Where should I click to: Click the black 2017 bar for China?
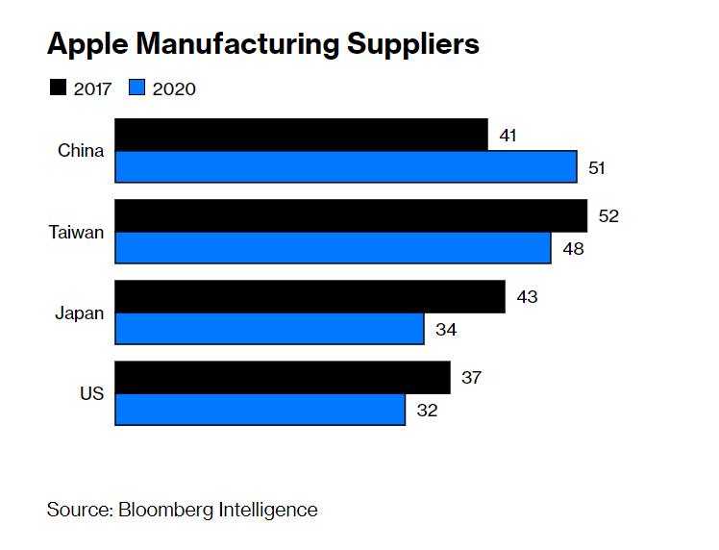click(301, 135)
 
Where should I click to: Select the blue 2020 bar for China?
click(346, 167)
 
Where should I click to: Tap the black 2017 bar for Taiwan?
click(351, 215)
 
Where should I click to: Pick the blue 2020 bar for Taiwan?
click(333, 248)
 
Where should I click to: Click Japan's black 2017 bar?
click(310, 296)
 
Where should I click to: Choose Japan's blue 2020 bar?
click(269, 329)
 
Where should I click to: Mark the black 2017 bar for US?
click(283, 377)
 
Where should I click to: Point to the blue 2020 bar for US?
click(260, 410)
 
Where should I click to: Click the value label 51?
click(597, 168)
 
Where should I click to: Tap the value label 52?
click(607, 216)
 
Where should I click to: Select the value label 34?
click(445, 330)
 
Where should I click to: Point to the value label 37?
click(471, 378)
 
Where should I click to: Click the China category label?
click(81, 151)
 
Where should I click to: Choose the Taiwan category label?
click(77, 232)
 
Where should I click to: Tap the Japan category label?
click(80, 312)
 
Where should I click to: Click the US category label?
click(91, 393)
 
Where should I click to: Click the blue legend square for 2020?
click(136, 89)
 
